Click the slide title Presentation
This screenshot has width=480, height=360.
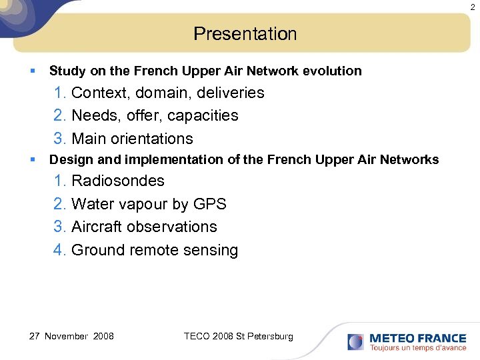[245, 34]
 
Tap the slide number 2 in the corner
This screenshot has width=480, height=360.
[473, 7]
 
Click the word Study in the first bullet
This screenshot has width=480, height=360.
[64, 71]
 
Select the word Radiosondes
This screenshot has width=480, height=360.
[118, 181]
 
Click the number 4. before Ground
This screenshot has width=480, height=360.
[60, 250]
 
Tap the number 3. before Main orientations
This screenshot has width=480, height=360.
[60, 139]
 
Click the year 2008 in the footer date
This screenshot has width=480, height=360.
[103, 336]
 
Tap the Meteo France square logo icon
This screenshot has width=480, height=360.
[356, 342]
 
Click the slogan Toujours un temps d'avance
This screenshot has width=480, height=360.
[418, 348]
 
